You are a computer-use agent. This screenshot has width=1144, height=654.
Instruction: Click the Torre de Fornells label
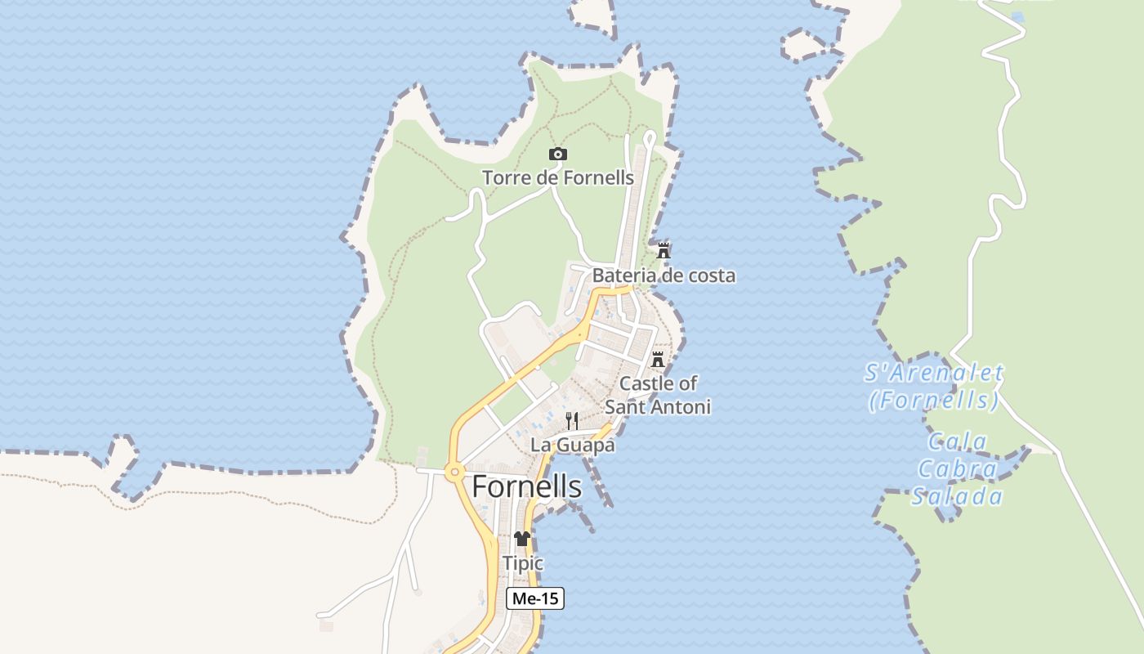[558, 177]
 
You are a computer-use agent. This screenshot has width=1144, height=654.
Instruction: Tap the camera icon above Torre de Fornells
[558, 154]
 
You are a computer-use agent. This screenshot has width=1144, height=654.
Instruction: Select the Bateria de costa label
[664, 275]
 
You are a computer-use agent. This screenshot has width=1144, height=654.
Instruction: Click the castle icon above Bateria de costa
[664, 250]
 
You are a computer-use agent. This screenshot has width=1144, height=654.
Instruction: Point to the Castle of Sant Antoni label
[659, 395]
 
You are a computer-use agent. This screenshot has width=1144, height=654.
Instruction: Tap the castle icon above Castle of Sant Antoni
[658, 360]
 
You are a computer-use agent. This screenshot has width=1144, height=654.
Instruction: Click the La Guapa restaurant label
[572, 446]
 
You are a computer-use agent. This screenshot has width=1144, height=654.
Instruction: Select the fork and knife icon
[572, 421]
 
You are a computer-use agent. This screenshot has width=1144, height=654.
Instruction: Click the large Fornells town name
[527, 486]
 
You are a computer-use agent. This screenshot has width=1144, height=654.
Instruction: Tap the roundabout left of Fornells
[454, 471]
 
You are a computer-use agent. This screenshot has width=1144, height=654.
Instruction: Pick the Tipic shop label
[523, 563]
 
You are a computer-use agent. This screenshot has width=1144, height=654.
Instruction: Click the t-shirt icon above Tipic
[522, 539]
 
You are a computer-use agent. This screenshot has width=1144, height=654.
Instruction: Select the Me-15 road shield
[535, 598]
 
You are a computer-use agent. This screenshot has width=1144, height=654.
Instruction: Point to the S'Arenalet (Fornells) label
[934, 387]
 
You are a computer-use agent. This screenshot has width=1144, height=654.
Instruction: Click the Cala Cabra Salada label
[958, 469]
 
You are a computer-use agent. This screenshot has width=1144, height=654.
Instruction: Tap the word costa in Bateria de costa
[710, 275]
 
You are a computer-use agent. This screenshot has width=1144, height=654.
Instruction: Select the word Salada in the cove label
[958, 496]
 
